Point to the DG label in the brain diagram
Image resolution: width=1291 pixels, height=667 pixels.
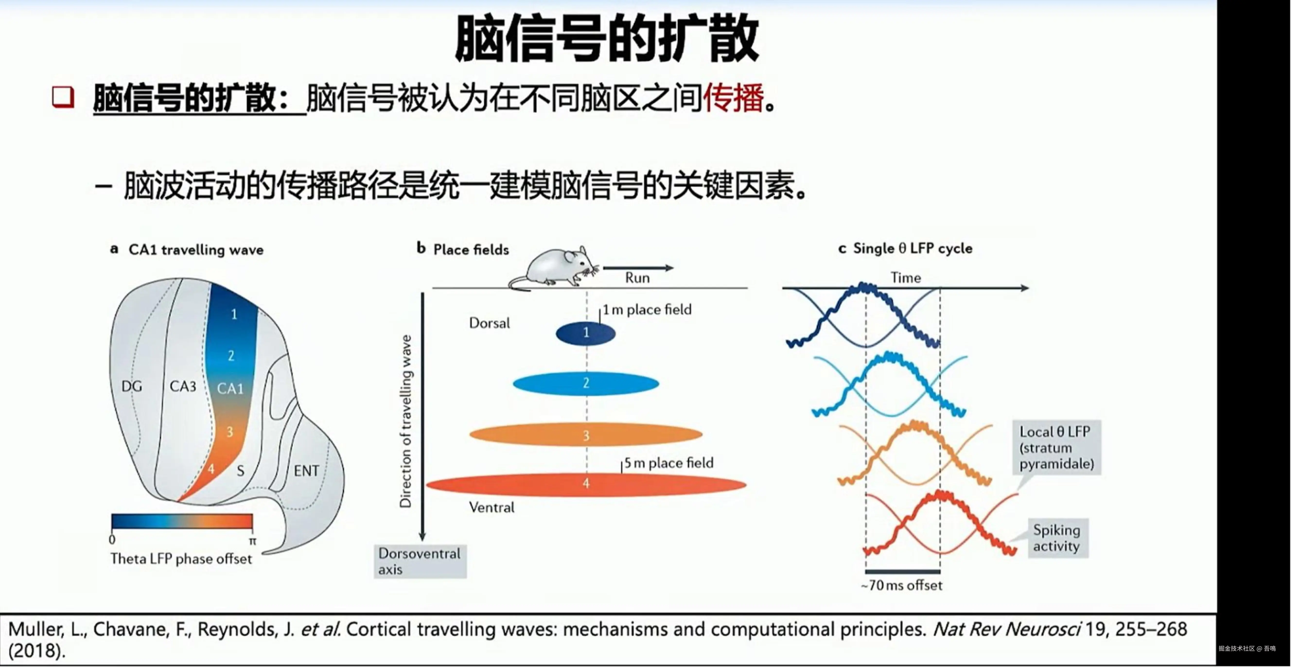tap(132, 386)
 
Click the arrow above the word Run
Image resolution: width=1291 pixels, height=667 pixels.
tap(638, 268)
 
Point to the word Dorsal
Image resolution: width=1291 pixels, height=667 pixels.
tap(489, 323)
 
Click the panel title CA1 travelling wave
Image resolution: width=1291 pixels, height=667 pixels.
tap(196, 250)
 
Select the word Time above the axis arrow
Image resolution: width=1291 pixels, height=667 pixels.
tap(906, 278)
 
